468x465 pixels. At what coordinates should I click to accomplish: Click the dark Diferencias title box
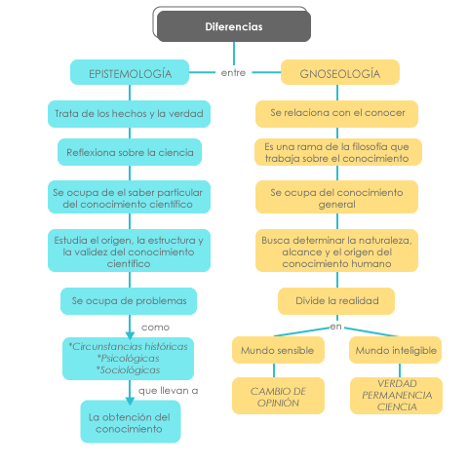click(234, 26)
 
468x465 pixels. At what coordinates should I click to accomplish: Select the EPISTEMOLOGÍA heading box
click(130, 72)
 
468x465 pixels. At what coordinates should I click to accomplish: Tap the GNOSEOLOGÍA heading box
click(340, 72)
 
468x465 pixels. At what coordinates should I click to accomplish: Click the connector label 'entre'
click(233, 73)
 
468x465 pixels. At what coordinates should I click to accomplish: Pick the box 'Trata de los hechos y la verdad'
click(129, 114)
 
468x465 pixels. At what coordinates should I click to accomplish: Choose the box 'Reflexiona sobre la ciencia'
click(130, 152)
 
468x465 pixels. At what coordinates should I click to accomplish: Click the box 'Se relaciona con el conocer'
click(336, 114)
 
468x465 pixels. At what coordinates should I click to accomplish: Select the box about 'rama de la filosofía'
click(338, 152)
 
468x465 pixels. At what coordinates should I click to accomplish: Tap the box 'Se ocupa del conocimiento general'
click(336, 197)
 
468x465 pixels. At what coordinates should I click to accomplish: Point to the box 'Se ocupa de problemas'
click(129, 301)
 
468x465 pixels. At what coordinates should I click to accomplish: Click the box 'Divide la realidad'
click(336, 301)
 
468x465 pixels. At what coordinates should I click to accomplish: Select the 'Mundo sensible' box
click(278, 350)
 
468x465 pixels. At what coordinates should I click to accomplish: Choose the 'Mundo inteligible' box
click(395, 350)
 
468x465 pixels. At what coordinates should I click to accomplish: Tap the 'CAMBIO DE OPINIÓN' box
click(278, 396)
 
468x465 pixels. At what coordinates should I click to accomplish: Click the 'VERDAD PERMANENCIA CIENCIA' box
click(396, 396)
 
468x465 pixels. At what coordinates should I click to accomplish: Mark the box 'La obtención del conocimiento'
click(131, 421)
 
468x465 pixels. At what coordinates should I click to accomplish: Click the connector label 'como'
click(155, 328)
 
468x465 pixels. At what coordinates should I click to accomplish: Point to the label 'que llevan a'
click(168, 390)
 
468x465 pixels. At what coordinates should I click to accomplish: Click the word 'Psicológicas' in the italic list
click(128, 359)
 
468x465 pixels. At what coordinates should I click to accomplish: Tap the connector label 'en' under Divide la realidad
click(335, 327)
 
